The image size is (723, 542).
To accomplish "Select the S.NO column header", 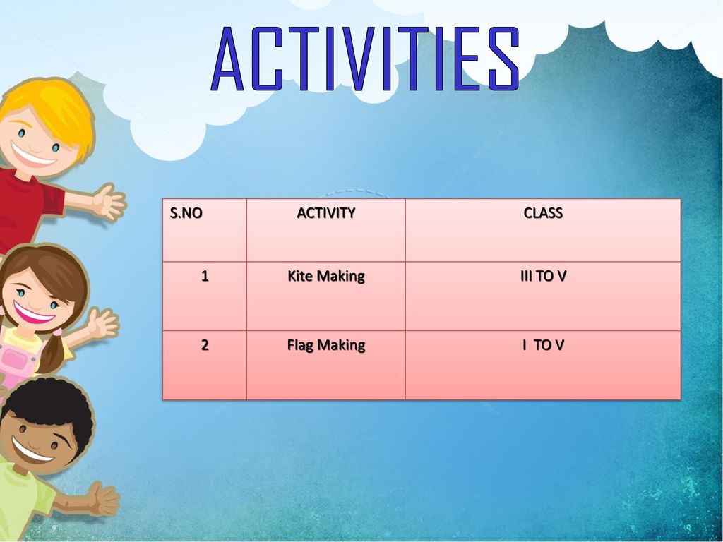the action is point(186,213).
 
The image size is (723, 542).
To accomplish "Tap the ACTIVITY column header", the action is point(326,213).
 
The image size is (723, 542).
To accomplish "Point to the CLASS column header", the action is point(543,213).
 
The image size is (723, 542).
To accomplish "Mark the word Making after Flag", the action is point(341,345).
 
